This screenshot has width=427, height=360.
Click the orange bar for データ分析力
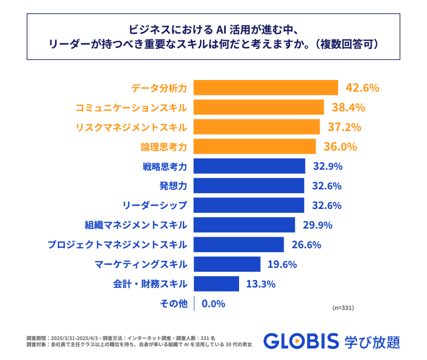[266, 88]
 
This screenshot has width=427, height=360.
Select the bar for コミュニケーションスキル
[259, 107]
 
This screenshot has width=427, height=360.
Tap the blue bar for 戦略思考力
[249, 166]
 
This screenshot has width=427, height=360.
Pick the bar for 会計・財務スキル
[216, 284]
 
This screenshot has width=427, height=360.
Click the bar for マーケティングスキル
[227, 264]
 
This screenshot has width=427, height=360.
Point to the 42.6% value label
[362, 88]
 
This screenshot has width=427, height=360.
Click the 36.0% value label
[340, 147]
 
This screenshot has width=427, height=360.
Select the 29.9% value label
[316, 225]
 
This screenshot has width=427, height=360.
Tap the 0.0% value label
[213, 303]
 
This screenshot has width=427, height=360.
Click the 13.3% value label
[260, 284]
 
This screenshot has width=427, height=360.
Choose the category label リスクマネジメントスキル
[131, 127]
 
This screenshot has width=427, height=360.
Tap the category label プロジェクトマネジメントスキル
[117, 244]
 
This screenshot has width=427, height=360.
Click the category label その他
[174, 303]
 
